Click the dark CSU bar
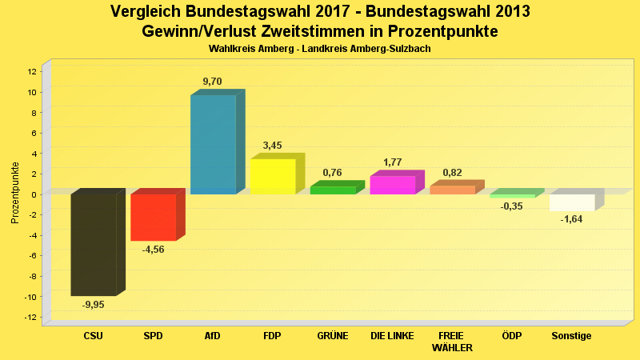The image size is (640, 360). pyautogui.click(x=94, y=244)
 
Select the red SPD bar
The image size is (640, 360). pyautogui.click(x=154, y=217)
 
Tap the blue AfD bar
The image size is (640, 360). pyautogui.click(x=213, y=144)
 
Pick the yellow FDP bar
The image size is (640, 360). pyautogui.click(x=273, y=176)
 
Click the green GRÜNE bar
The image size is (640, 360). pyautogui.click(x=333, y=190)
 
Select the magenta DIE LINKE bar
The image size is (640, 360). pyautogui.click(x=393, y=185)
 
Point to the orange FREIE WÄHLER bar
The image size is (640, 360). pyautogui.click(x=452, y=190)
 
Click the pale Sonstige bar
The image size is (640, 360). pyautogui.click(x=572, y=202)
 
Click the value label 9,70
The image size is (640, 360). pyautogui.click(x=214, y=82)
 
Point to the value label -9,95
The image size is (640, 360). pyautogui.click(x=94, y=305)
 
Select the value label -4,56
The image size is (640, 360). pyautogui.click(x=153, y=250)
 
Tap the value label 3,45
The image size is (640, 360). pyautogui.click(x=273, y=146)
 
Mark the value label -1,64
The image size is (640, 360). pyautogui.click(x=571, y=219)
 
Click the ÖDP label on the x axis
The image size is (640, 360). pyautogui.click(x=512, y=336)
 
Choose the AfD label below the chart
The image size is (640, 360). pyautogui.click(x=213, y=336)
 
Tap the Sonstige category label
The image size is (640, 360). pyautogui.click(x=571, y=336)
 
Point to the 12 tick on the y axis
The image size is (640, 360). pyautogui.click(x=32, y=71)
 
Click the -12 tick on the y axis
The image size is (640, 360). pyautogui.click(x=30, y=318)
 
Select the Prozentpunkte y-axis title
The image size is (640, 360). pyautogui.click(x=15, y=194)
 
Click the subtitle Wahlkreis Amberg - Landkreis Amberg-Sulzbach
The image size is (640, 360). pyautogui.click(x=320, y=49)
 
